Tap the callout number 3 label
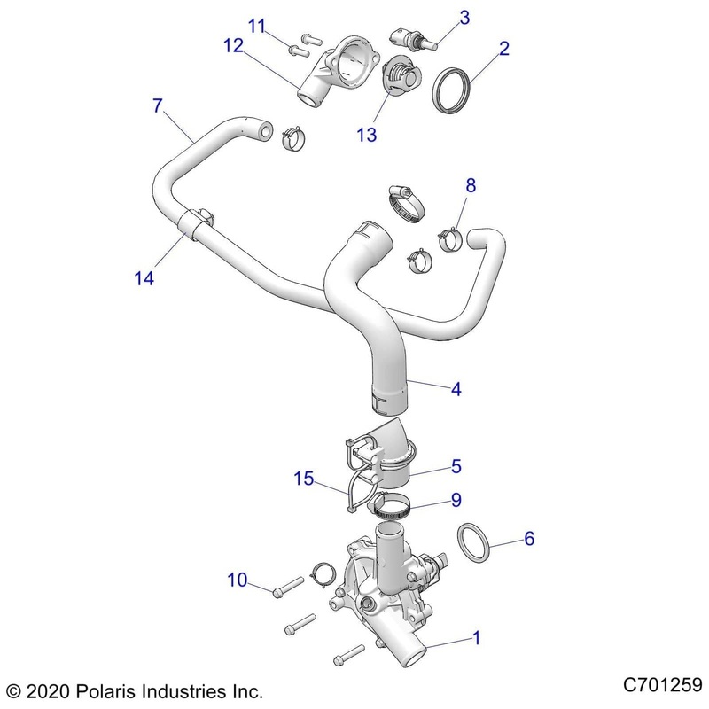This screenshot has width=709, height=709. point(464,16)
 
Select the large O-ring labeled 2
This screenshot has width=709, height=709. point(456,90)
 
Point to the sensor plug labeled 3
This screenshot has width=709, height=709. point(411,39)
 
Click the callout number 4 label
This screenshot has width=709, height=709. point(456,388)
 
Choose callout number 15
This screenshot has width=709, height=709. point(305,479)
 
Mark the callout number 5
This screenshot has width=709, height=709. point(456,464)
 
